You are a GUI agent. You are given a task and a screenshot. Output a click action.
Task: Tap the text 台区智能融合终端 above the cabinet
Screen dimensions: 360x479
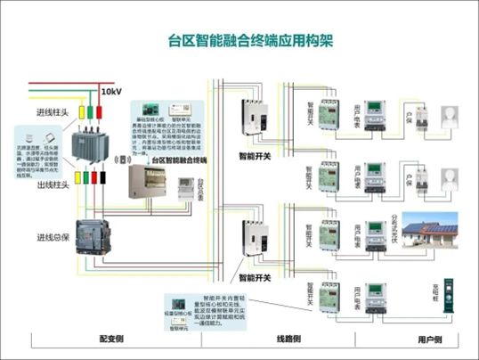178,160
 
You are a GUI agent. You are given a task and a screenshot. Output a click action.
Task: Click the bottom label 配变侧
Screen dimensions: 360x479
111,340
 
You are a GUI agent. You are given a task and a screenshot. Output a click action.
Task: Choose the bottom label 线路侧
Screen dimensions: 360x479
288,340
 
